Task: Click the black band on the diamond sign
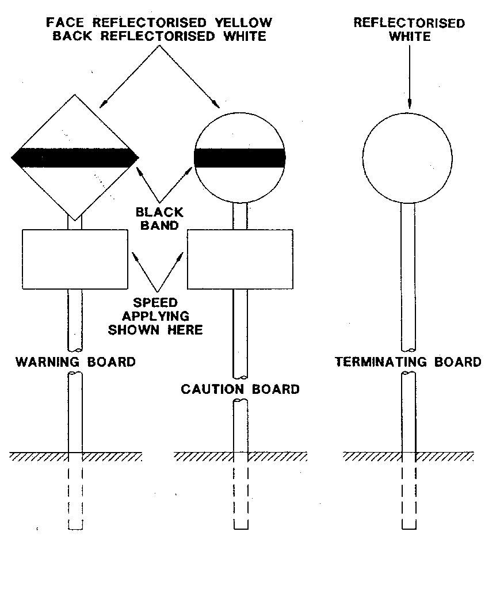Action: click(75, 156)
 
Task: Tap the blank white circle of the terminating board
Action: click(407, 158)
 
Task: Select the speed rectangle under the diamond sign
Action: click(75, 259)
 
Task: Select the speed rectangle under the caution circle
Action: click(240, 259)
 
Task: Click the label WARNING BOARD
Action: click(75, 362)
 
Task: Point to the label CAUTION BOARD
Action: click(240, 389)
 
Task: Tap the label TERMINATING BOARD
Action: click(408, 362)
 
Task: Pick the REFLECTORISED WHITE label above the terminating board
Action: click(409, 29)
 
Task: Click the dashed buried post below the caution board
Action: click(241, 495)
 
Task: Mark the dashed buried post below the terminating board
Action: click(409, 495)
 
